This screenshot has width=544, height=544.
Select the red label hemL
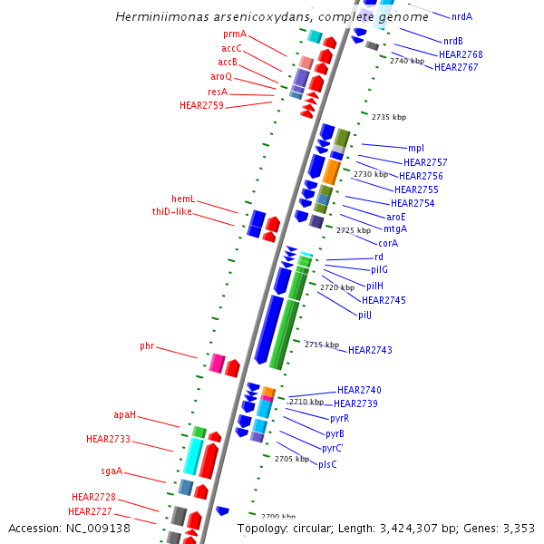click(x=183, y=199)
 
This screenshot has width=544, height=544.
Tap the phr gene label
click(x=147, y=346)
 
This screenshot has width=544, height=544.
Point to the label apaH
click(x=124, y=414)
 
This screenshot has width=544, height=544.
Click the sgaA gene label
click(x=112, y=471)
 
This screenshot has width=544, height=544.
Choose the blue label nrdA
click(x=461, y=16)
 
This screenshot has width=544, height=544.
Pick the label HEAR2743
click(x=370, y=350)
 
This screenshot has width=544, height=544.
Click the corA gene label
click(x=388, y=243)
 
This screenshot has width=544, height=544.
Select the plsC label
click(x=327, y=464)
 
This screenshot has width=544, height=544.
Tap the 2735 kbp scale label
click(x=389, y=117)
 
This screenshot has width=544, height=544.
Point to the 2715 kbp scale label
click(x=321, y=345)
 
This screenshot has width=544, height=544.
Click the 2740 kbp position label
click(x=407, y=61)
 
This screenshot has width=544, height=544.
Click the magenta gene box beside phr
click(x=217, y=364)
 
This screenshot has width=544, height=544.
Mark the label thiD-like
click(x=171, y=211)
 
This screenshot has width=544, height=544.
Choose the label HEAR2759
click(x=201, y=105)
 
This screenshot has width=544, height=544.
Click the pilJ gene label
click(x=364, y=315)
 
